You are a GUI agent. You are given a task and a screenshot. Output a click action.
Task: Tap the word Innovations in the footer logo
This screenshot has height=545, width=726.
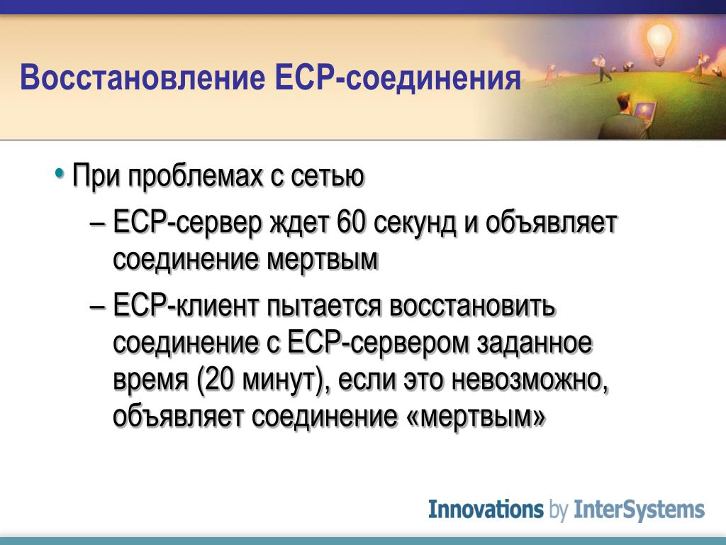pos(486,509)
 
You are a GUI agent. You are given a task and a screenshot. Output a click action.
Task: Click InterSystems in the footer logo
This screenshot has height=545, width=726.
pos(640,510)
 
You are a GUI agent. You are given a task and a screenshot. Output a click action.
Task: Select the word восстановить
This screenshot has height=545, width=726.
pos(472,307)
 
